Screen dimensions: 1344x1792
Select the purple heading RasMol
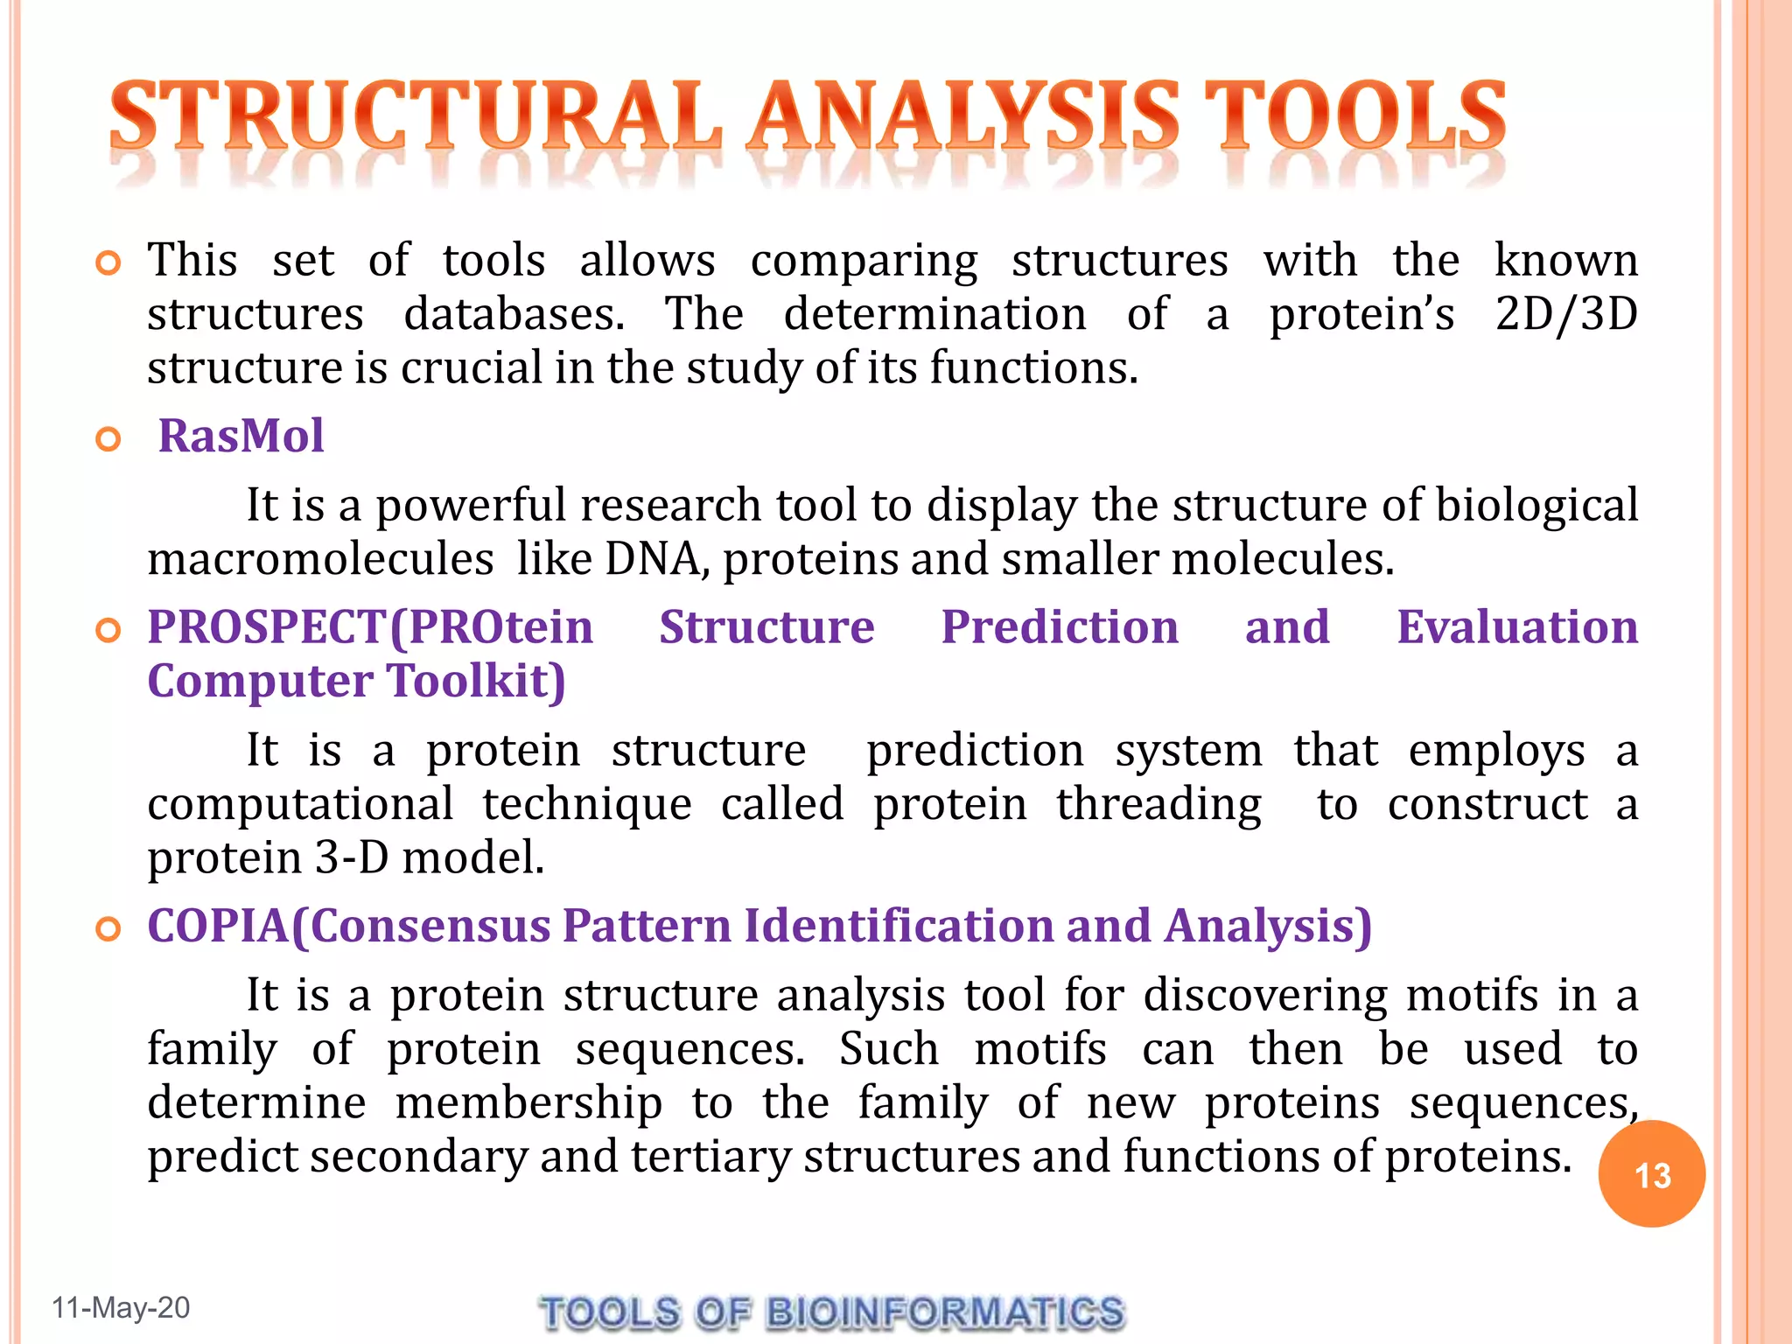click(241, 436)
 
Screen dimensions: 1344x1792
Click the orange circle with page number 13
click(1651, 1173)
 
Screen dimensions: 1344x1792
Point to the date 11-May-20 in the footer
click(121, 1307)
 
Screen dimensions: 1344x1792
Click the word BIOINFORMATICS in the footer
click(944, 1312)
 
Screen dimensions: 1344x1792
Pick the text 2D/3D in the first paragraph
click(1565, 313)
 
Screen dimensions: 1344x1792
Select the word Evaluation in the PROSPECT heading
click(1516, 626)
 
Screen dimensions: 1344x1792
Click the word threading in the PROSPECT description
click(1158, 804)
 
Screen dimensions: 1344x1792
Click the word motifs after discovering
click(1471, 995)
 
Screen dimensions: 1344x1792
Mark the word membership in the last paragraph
click(528, 1102)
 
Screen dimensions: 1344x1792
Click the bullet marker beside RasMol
click(108, 438)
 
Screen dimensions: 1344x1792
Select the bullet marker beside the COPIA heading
click(108, 929)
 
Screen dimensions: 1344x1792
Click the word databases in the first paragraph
click(514, 313)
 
